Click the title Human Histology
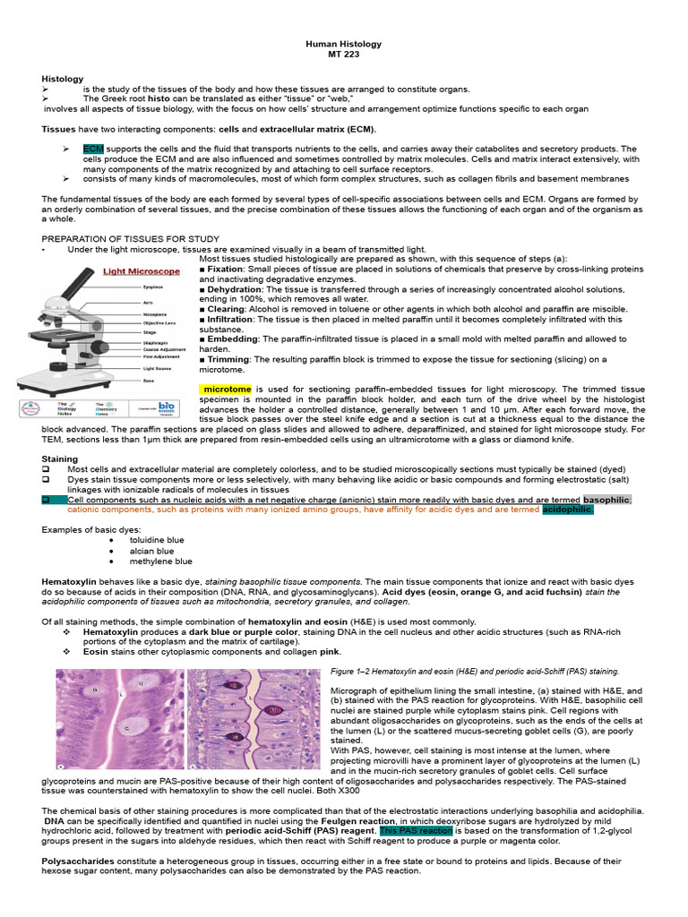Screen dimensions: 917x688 pos(344,43)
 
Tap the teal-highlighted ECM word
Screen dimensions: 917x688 pos(93,149)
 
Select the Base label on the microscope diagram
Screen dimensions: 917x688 pos(148,381)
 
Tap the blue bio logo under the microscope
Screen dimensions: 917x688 pos(167,406)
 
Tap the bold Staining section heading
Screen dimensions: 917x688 pos(60,458)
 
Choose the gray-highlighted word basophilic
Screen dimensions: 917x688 pos(606,500)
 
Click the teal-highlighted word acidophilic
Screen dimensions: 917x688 pos(568,510)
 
